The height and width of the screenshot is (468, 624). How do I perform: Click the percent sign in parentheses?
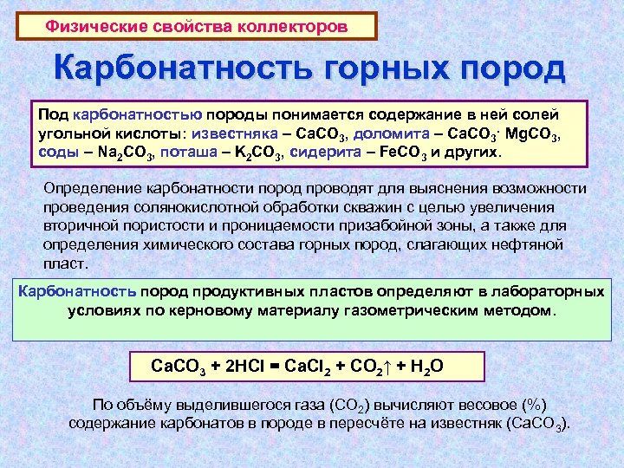pyautogui.click(x=537, y=405)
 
